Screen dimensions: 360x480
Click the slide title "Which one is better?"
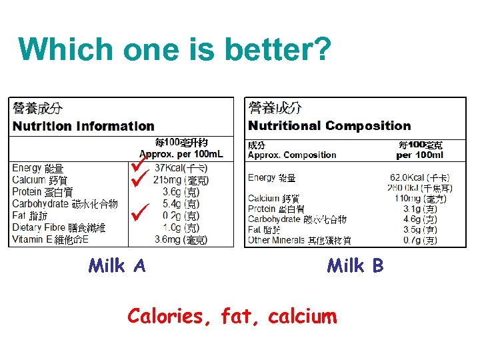(x=175, y=49)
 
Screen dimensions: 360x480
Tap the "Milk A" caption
(x=117, y=266)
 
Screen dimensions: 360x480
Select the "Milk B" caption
(x=355, y=266)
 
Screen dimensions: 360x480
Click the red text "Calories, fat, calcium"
(x=232, y=315)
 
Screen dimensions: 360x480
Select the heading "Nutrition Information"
(x=83, y=126)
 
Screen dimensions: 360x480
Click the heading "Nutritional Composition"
(x=329, y=126)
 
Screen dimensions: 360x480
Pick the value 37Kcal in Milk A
(x=171, y=168)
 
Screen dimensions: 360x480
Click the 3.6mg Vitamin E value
(x=169, y=239)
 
